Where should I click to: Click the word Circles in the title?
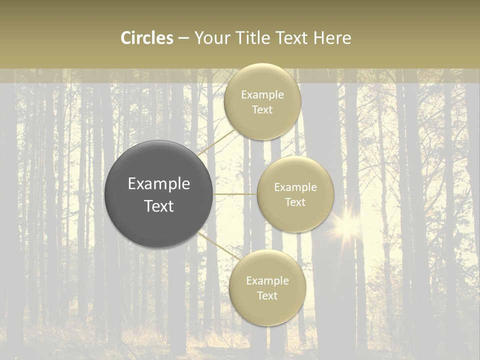coord(146,38)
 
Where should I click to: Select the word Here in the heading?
coord(332,38)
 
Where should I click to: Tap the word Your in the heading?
coord(212,38)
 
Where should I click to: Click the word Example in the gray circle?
coord(159,184)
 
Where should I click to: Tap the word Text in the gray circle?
coord(159,206)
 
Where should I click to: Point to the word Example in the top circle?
coord(262,94)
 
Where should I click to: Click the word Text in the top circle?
coord(262,109)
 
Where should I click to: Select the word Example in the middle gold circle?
coord(295,187)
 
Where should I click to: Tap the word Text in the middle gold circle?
coord(295,202)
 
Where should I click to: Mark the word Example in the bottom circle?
coord(267,280)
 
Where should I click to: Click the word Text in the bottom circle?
coord(267,295)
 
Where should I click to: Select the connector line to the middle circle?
coord(235,193)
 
